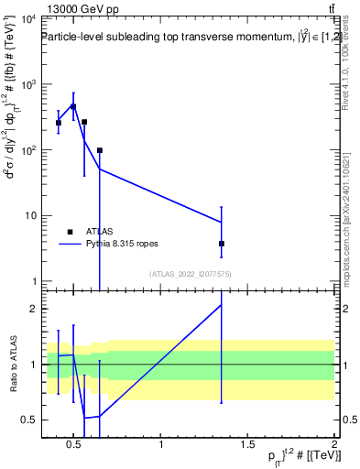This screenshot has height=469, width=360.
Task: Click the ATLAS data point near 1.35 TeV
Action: (x=222, y=244)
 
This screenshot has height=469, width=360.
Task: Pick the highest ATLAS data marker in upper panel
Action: (x=73, y=106)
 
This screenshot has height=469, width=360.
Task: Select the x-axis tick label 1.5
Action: (x=247, y=444)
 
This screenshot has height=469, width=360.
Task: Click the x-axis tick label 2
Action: (x=333, y=444)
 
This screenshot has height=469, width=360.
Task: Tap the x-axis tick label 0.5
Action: (x=76, y=444)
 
